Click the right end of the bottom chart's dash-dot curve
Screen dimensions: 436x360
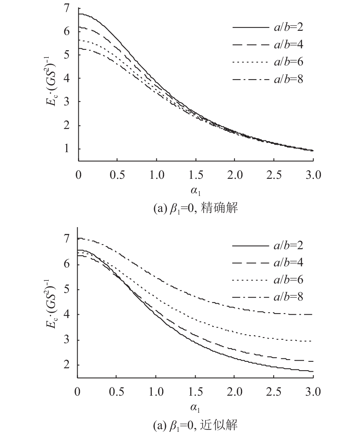point(312,314)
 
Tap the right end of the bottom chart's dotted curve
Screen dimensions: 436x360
point(312,341)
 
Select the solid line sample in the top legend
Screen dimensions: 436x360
point(251,27)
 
